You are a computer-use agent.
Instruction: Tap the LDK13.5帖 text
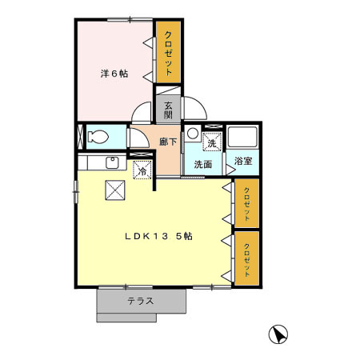pyautogui.click(x=157, y=237)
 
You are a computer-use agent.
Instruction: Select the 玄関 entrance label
pyautogui.click(x=168, y=110)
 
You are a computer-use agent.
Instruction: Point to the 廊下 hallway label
pyautogui.click(x=168, y=142)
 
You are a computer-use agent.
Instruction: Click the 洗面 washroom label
pyautogui.click(x=202, y=164)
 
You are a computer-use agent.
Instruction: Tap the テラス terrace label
pyautogui.click(x=141, y=302)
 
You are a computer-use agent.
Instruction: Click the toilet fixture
pyautogui.click(x=98, y=135)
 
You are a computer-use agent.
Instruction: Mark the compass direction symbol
pyautogui.click(x=278, y=334)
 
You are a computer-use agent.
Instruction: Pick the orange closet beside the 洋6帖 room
pyautogui.click(x=168, y=51)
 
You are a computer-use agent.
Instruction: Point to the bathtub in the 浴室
pyautogui.click(x=242, y=138)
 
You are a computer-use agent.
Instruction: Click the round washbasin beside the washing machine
pyautogui.click(x=193, y=134)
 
